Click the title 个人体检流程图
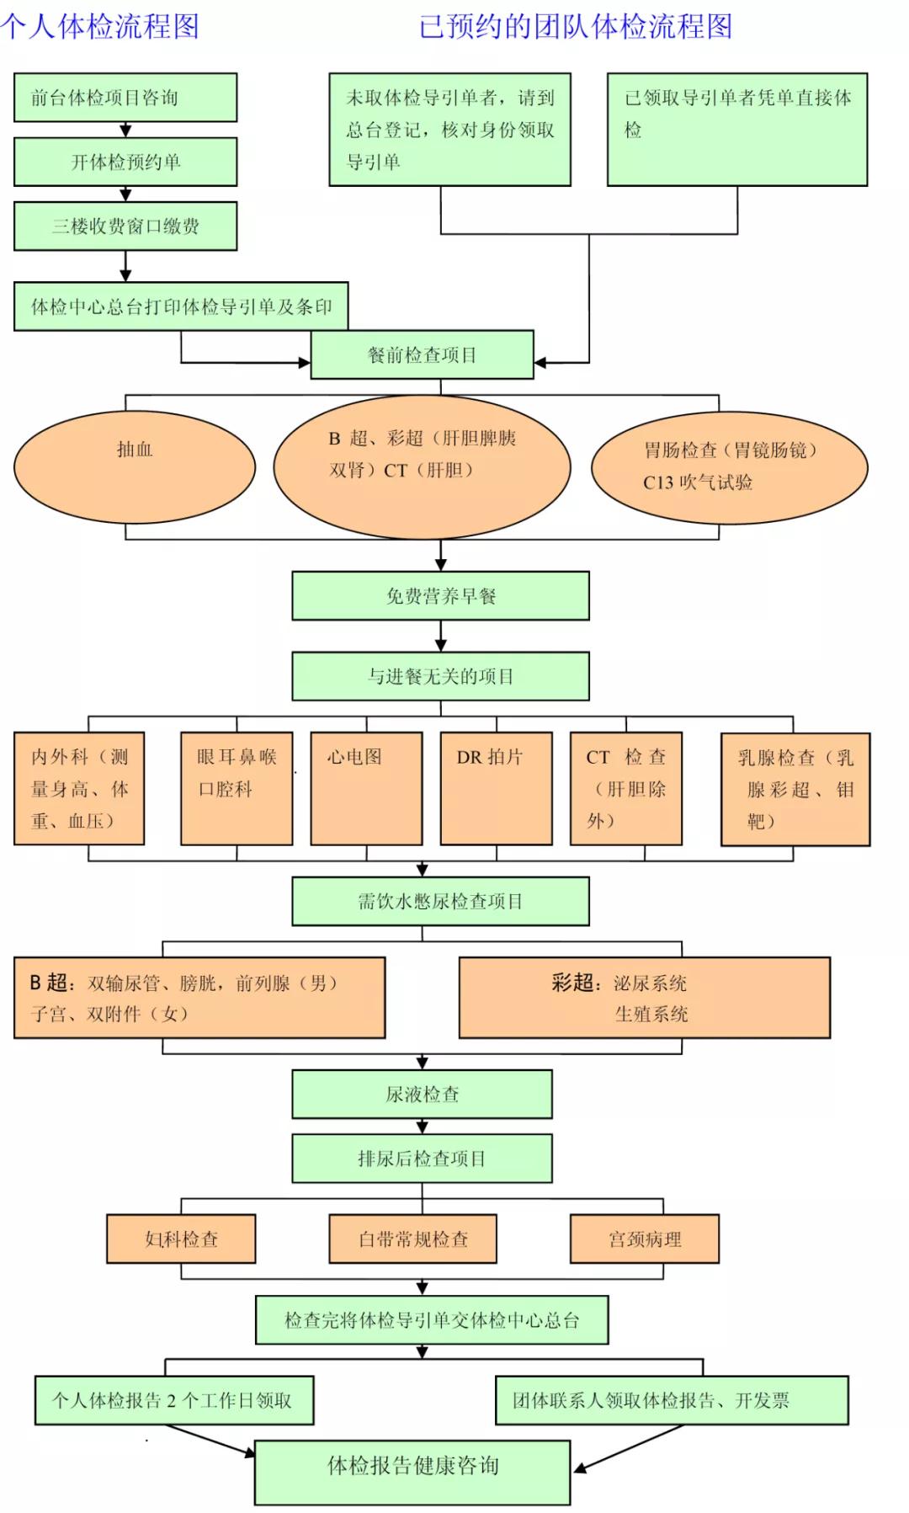click(99, 25)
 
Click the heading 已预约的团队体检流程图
click(576, 25)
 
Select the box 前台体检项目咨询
click(125, 98)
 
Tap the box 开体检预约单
click(125, 162)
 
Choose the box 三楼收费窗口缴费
click(125, 226)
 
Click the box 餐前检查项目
click(422, 355)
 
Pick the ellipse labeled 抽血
click(135, 466)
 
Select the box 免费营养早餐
click(440, 596)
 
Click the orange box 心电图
click(366, 788)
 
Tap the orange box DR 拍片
click(496, 788)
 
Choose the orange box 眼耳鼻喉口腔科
click(237, 788)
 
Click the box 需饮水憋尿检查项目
click(440, 901)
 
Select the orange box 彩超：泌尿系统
click(644, 998)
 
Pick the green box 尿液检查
click(422, 1094)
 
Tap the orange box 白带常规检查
click(412, 1239)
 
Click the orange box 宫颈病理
click(644, 1239)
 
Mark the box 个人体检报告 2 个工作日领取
click(173, 1400)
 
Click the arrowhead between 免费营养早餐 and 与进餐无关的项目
click(440, 645)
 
